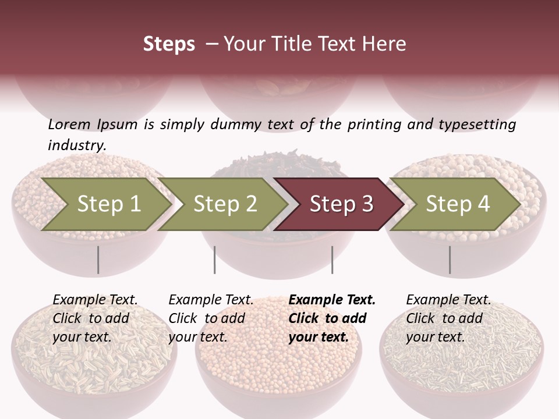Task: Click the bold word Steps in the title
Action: coord(169,44)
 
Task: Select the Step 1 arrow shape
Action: coord(108,204)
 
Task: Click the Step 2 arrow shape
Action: coord(225,204)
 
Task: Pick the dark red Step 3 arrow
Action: coord(341,204)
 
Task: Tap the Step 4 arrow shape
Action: coord(458,204)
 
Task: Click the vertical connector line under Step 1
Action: coord(98,260)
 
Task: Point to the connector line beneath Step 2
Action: coord(215,260)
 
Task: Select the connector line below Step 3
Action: coord(332,260)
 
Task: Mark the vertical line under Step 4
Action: coord(450,260)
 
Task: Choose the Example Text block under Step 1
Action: coord(95,318)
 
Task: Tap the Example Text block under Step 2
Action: coord(211,318)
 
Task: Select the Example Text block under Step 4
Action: coord(448,318)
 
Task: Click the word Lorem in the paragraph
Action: coord(69,125)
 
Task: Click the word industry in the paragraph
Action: coord(76,145)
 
